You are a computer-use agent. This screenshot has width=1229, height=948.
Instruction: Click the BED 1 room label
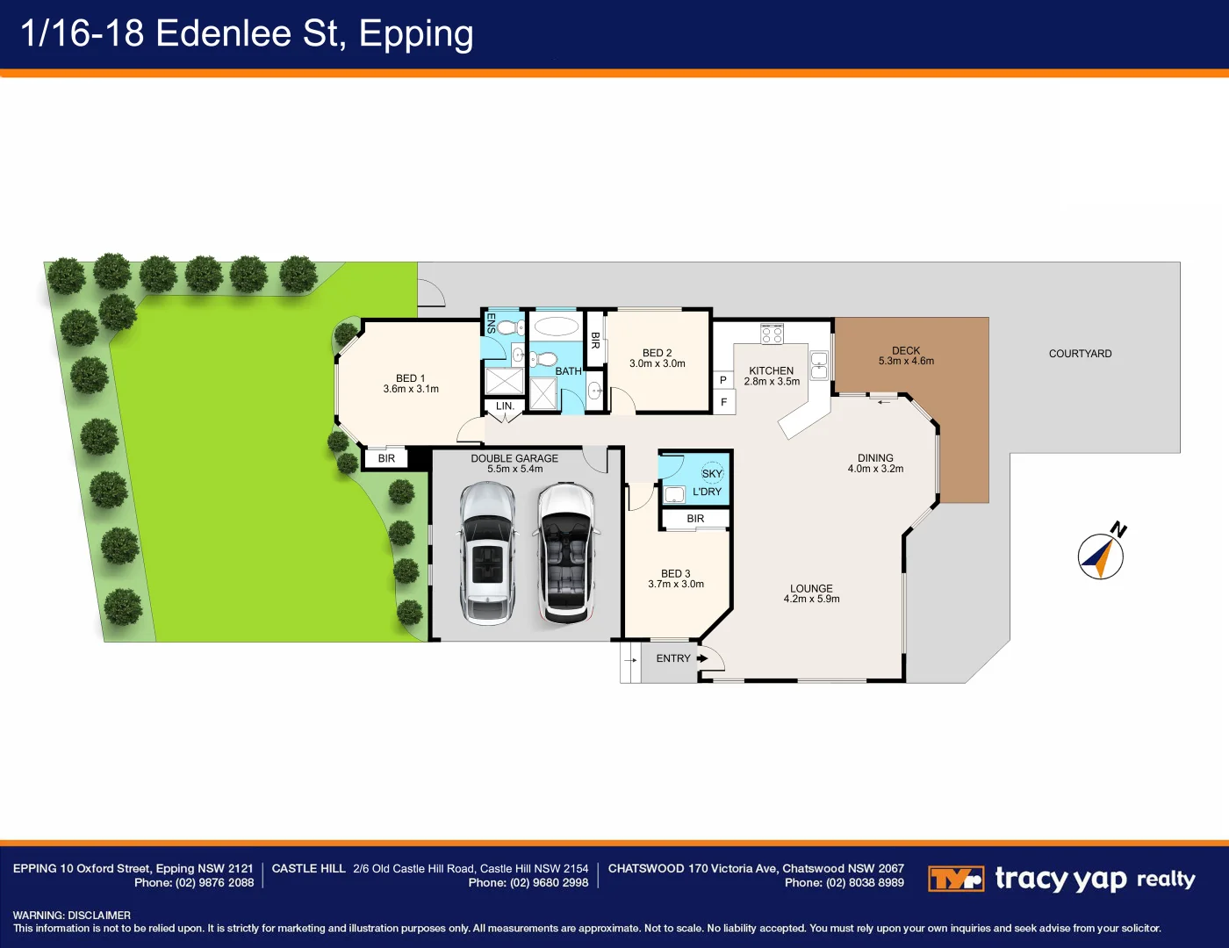tap(411, 378)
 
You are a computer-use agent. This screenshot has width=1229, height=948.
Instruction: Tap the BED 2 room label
tap(657, 353)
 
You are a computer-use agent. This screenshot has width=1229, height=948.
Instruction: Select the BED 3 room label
tap(675, 573)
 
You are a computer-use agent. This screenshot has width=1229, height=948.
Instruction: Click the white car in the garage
tap(565, 553)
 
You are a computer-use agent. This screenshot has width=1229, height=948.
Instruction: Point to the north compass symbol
tap(1101, 556)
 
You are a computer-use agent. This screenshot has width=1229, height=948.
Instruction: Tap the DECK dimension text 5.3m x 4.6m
tap(906, 361)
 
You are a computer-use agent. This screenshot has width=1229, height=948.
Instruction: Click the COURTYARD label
tap(1080, 354)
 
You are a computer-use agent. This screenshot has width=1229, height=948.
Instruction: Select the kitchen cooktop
tap(772, 334)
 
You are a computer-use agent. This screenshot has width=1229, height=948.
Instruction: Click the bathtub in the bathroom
tap(556, 327)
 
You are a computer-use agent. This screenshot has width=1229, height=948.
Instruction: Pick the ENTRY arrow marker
tap(702, 658)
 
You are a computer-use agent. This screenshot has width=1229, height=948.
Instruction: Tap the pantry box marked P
tap(722, 380)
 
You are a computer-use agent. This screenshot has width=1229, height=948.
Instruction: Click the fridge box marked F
tap(723, 402)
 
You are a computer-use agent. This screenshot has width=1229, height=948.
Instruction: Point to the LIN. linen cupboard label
tap(505, 406)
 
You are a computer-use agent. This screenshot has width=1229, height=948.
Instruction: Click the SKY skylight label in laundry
tap(712, 473)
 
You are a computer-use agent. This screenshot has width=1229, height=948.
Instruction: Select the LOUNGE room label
tap(811, 588)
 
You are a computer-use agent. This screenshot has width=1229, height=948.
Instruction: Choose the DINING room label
tap(875, 458)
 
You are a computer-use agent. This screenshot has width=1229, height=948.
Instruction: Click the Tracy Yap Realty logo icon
tap(955, 879)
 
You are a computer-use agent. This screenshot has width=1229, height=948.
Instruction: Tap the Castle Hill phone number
tap(528, 883)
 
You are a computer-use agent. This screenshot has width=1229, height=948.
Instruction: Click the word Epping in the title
tap(416, 33)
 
